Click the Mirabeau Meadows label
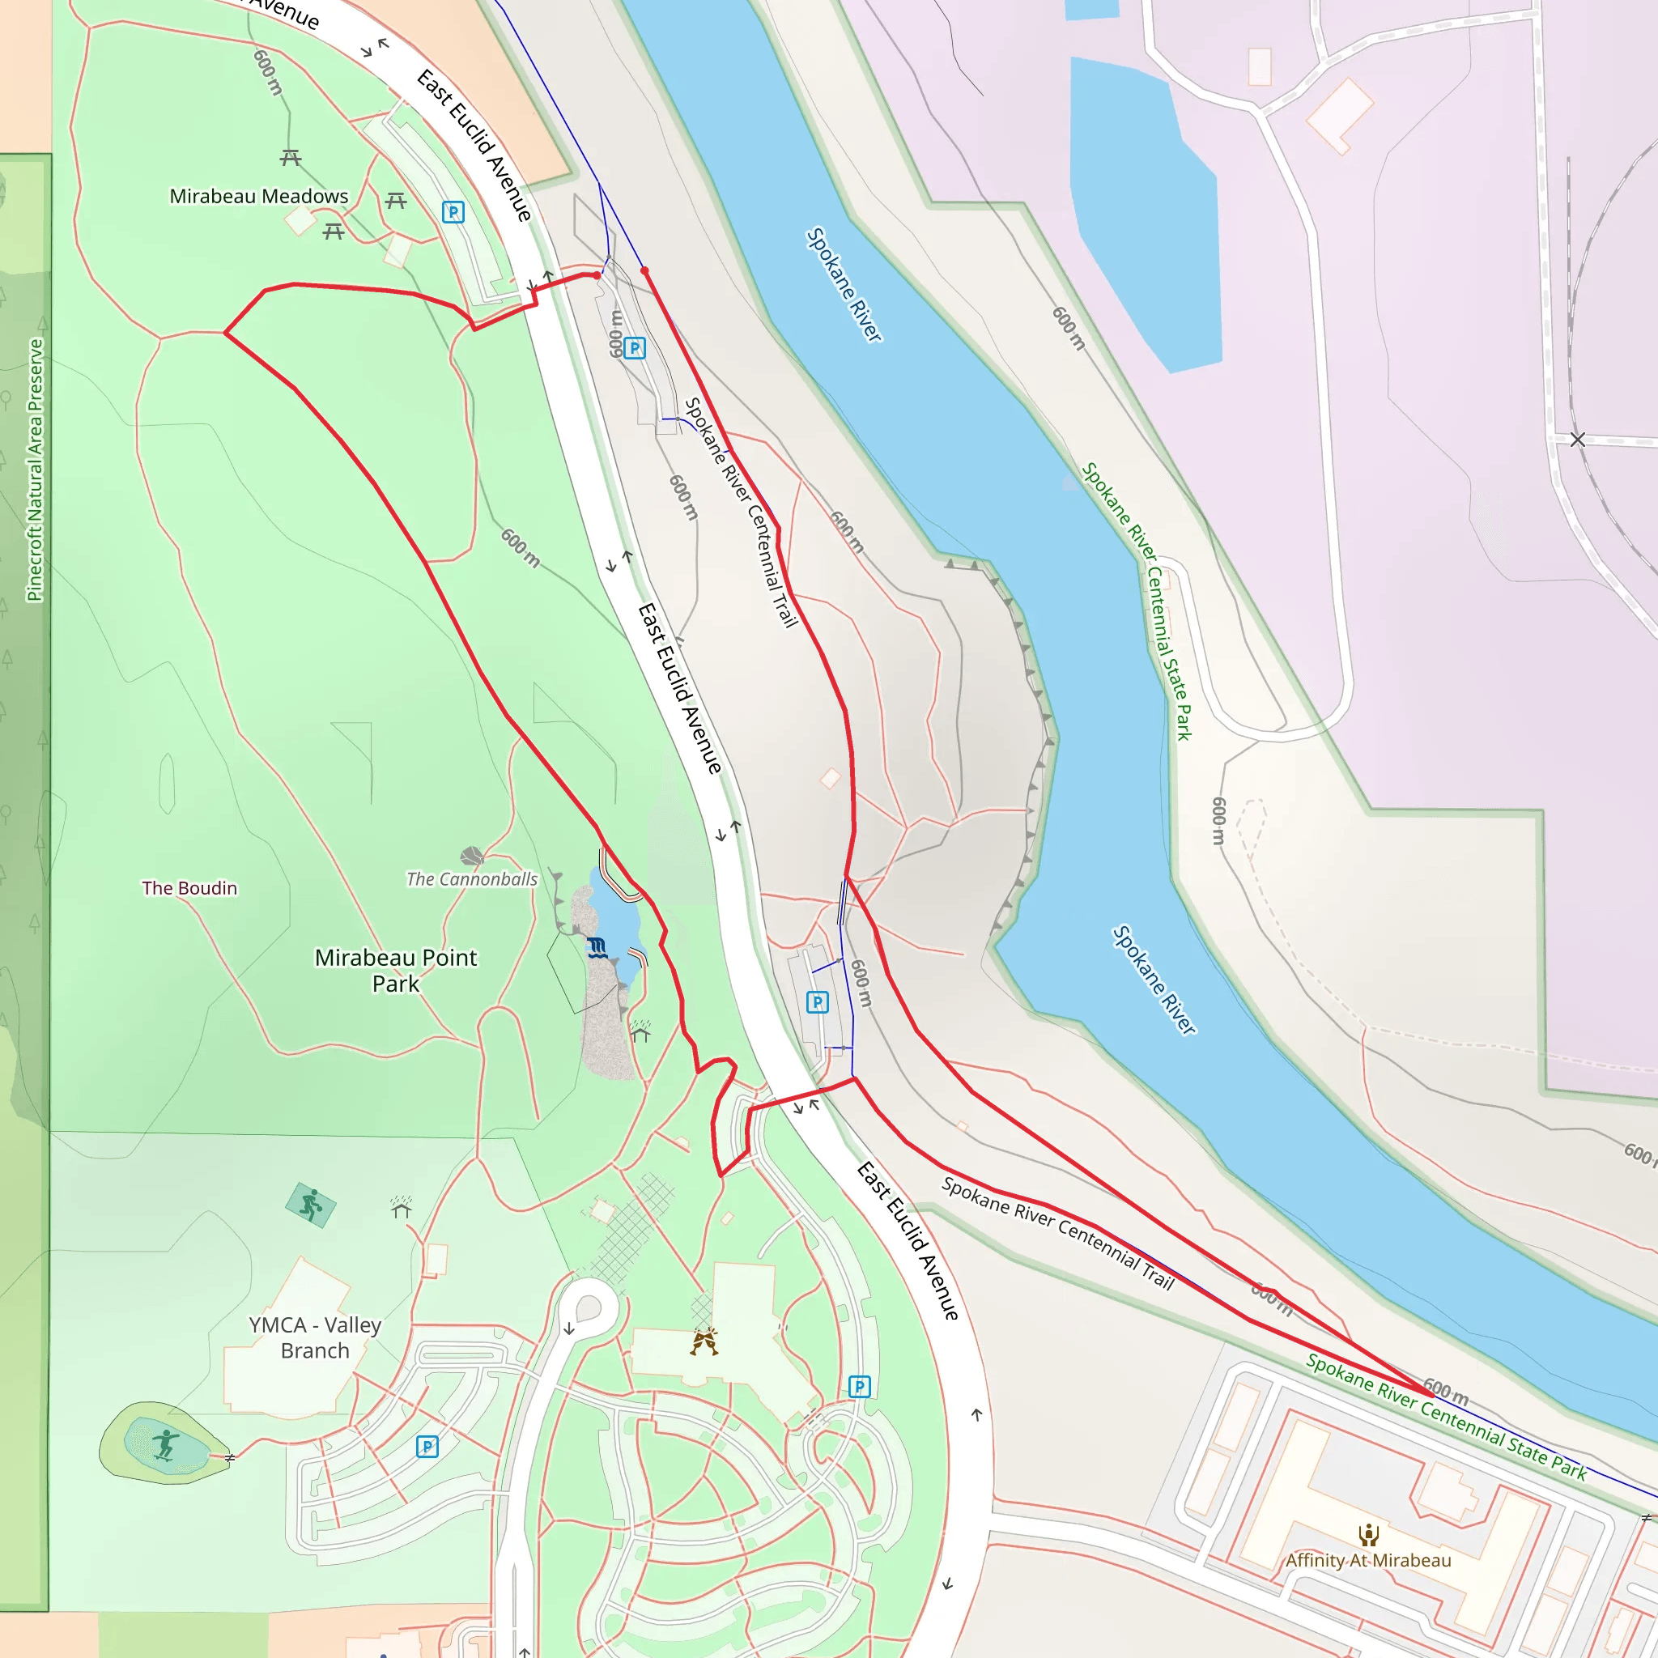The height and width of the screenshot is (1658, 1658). click(x=258, y=197)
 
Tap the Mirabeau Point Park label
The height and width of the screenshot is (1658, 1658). click(x=396, y=970)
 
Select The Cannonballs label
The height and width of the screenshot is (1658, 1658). click(x=472, y=878)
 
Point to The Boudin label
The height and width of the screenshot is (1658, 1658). click(x=189, y=888)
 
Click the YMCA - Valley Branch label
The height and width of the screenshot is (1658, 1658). click(x=315, y=1337)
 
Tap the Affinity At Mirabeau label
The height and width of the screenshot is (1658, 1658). click(x=1368, y=1560)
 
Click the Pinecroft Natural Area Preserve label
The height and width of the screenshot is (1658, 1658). click(x=34, y=470)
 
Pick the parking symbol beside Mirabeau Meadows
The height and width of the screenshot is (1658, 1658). click(x=453, y=212)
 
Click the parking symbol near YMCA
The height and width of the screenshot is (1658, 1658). click(x=427, y=1447)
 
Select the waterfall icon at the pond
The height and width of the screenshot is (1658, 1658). click(x=597, y=947)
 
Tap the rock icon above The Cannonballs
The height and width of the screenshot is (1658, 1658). click(x=472, y=856)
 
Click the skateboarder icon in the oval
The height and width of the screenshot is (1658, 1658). click(x=166, y=1444)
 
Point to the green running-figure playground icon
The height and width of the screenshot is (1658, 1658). click(x=311, y=1205)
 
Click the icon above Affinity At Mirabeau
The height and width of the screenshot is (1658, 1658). click(x=1368, y=1534)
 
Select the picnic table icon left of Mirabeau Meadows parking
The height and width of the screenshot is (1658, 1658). click(x=396, y=201)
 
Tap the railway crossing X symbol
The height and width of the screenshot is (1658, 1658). click(x=1577, y=440)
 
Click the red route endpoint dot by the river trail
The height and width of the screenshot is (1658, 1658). click(x=644, y=270)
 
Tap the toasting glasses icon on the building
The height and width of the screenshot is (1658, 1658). click(x=704, y=1341)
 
